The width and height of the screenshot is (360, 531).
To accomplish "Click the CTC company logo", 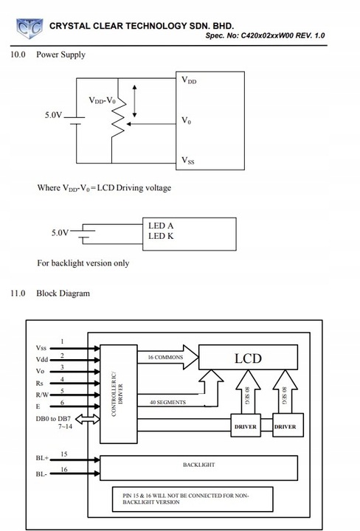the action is click(x=30, y=28).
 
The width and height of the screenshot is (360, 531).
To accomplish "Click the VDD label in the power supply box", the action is click(x=189, y=80).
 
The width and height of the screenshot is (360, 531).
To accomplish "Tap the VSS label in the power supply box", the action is click(x=188, y=160).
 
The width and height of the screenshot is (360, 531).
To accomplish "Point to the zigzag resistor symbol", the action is click(x=118, y=117).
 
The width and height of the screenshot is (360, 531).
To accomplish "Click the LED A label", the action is click(x=161, y=226).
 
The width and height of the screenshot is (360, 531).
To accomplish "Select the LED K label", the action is click(x=161, y=236).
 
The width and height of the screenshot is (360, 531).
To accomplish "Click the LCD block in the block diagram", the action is click(x=248, y=357).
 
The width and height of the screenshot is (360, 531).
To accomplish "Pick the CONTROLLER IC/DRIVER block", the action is click(x=119, y=394).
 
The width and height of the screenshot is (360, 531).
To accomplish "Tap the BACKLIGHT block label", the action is click(x=198, y=465).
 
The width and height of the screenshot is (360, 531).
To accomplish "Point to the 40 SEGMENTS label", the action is click(x=167, y=403).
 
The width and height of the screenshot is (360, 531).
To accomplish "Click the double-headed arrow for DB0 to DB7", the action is click(x=87, y=419).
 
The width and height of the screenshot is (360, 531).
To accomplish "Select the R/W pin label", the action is click(x=42, y=395).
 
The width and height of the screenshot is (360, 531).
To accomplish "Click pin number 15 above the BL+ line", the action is click(x=64, y=454).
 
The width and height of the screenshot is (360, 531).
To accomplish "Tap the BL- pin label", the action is click(x=41, y=474).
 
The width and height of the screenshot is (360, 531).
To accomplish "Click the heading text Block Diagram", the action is click(x=63, y=294).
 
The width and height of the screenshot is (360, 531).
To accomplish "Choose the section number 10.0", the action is click(x=18, y=55).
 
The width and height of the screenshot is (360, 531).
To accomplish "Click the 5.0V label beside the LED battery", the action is click(x=60, y=232).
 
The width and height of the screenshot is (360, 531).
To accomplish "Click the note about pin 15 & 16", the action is click(x=186, y=499).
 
